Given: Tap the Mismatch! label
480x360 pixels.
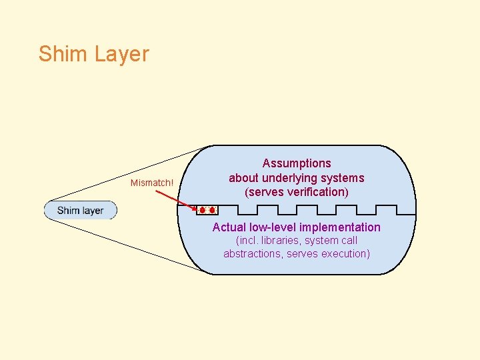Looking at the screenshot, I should [152, 183].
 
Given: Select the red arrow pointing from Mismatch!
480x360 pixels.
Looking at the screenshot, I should [176, 200].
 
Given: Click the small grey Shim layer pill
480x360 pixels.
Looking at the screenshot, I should [80, 211].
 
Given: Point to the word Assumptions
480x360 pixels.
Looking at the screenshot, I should [297, 163].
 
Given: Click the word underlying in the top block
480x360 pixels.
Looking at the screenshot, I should [289, 178].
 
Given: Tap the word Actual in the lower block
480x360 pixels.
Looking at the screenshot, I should [229, 227].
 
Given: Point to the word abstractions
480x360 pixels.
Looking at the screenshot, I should [253, 253].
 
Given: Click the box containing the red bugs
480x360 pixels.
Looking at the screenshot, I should [207, 210].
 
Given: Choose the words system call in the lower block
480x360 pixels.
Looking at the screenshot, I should [335, 240].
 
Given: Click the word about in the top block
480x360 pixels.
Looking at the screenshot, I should [243, 178].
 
